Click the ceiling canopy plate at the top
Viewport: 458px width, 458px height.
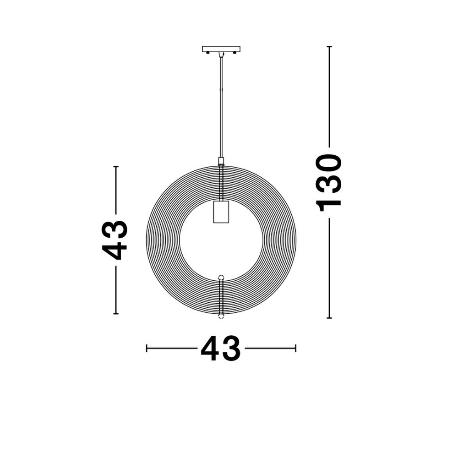(x=221, y=49)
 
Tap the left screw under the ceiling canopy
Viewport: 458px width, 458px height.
(x=208, y=53)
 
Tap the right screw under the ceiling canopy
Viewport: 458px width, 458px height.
(x=234, y=53)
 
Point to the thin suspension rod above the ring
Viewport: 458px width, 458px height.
(x=221, y=105)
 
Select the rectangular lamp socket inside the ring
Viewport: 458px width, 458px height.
(x=221, y=212)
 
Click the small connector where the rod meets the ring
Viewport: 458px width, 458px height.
(x=221, y=161)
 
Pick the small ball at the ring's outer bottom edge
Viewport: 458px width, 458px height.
(x=221, y=316)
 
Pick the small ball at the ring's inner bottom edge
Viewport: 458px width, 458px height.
(x=221, y=277)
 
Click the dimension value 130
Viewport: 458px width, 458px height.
(x=330, y=182)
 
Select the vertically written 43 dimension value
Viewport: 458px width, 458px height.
(x=114, y=240)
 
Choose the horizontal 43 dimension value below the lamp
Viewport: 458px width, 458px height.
(x=220, y=349)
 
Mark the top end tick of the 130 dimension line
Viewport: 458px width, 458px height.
(x=329, y=47)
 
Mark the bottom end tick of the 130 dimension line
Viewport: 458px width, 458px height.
(x=329, y=317)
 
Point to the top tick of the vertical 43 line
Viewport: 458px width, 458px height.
(x=116, y=167)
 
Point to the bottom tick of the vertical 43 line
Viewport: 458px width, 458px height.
(x=116, y=313)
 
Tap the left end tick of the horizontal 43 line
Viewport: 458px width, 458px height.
(x=147, y=348)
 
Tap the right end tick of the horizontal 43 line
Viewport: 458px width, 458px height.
(x=296, y=348)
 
